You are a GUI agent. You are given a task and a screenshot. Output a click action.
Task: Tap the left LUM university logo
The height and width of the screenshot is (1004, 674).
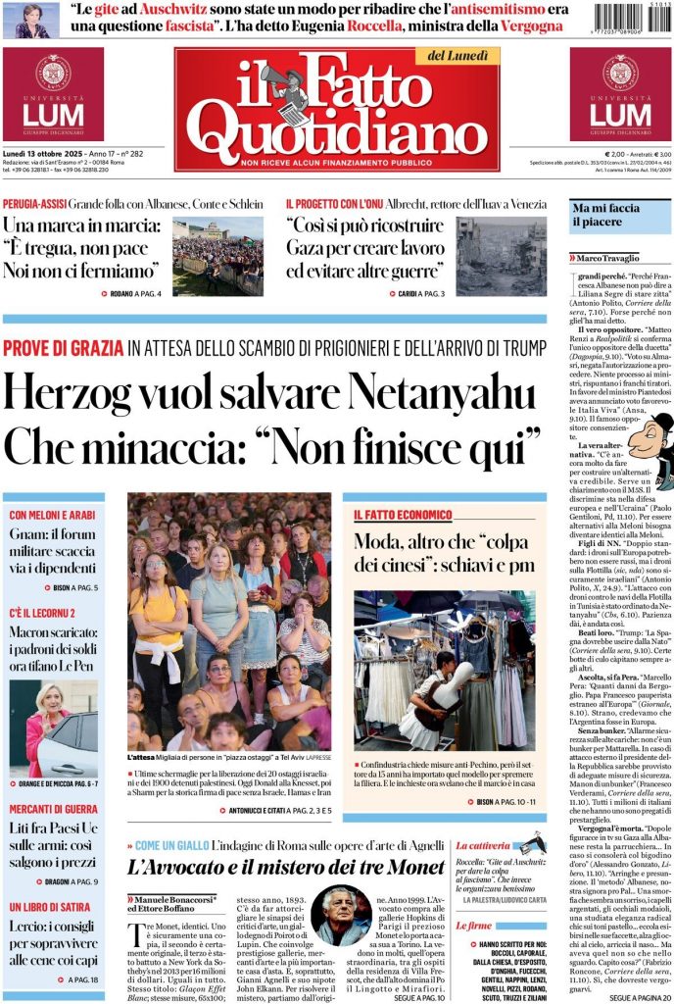click(x=53, y=95)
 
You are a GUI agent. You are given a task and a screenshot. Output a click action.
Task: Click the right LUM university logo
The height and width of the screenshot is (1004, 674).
click(x=620, y=95)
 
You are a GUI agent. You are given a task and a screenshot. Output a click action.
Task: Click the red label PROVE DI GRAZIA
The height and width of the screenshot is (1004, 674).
click(x=63, y=347)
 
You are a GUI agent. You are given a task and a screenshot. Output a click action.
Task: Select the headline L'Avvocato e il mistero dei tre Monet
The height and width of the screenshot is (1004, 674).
click(x=280, y=867)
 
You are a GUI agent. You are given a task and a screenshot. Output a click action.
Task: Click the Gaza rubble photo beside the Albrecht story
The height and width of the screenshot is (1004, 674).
click(x=501, y=255)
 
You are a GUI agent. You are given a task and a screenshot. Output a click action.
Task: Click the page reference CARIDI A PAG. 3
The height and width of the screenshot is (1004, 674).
click(x=421, y=293)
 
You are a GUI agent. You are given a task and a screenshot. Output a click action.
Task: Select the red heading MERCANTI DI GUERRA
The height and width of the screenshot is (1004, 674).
click(x=53, y=809)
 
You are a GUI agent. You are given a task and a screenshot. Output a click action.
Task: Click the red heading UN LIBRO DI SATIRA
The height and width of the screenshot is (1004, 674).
click(x=49, y=908)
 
